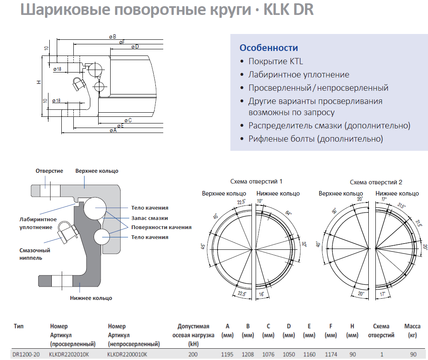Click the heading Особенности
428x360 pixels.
point(268,48)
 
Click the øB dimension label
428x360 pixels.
point(112,36)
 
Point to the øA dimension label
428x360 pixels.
point(113,130)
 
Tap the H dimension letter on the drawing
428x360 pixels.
point(39,82)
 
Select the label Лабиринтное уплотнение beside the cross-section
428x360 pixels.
point(38,223)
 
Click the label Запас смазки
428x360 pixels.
point(150,218)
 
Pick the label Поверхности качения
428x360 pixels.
point(161,227)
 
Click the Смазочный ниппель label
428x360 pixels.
point(35,254)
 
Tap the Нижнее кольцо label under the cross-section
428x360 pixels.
point(91,298)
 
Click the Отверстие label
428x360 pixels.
point(49,171)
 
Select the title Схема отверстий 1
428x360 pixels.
point(256,181)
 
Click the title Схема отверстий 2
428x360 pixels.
point(376,182)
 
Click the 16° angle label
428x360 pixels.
point(261,294)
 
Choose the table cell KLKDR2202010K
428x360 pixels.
point(69,354)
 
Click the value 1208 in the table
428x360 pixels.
point(248,354)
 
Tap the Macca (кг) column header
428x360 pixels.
point(412,331)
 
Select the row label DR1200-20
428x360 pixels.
point(26,354)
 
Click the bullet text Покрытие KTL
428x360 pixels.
point(276,61)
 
